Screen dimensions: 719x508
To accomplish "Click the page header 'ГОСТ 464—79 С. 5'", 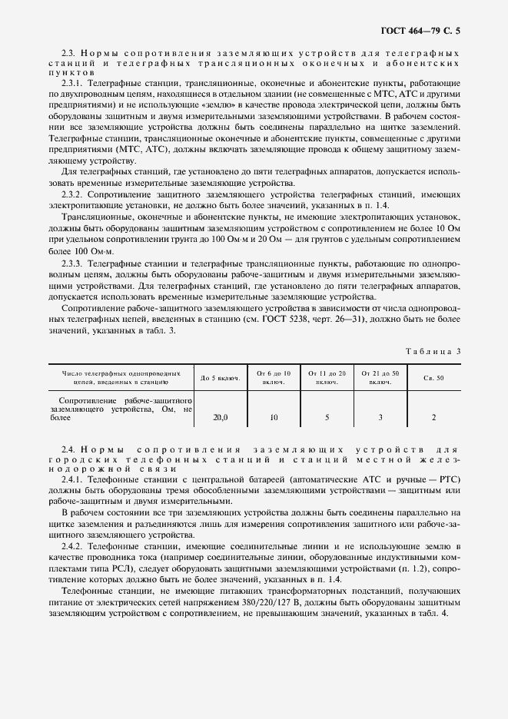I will [424, 31].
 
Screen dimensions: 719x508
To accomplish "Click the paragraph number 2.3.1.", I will [74, 82].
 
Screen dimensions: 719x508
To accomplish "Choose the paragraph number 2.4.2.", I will [74, 544].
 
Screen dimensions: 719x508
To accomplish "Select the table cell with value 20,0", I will [220, 417].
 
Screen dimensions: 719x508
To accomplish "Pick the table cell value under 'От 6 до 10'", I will [273, 417].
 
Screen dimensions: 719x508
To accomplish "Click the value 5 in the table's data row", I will [327, 417].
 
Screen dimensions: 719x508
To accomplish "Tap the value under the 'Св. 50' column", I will [433, 417].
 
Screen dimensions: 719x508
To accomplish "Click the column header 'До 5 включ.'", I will [220, 378].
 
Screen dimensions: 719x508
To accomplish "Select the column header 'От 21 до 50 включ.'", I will [380, 377].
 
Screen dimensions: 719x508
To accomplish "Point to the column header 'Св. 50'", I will [433, 378].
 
